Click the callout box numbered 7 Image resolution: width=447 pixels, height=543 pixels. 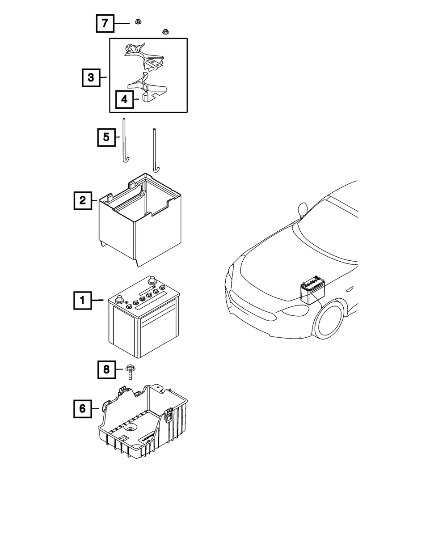click(105, 23)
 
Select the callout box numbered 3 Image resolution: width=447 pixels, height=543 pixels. click(91, 77)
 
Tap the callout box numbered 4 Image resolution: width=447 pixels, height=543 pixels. click(124, 99)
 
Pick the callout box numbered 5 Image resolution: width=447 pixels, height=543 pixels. click(106, 137)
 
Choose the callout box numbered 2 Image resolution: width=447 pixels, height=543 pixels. click(83, 200)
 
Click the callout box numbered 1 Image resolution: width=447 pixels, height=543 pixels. click(83, 300)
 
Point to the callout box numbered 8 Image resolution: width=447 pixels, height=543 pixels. click(106, 369)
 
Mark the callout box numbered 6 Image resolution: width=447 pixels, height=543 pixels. click(83, 408)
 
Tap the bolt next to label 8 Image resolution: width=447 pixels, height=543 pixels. click(130, 372)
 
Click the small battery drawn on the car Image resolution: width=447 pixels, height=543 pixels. click(312, 290)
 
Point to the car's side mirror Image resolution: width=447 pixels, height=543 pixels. click(303, 208)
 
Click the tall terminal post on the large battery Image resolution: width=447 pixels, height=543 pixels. click(152, 280)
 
